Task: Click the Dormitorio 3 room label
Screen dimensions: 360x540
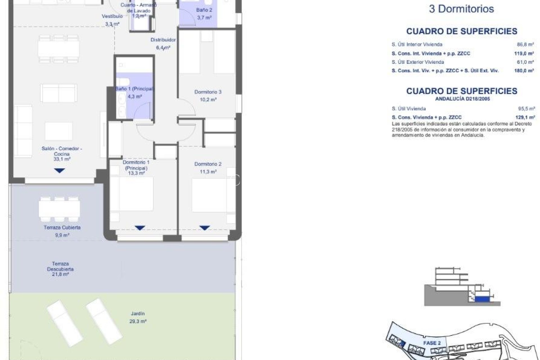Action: tap(208, 92)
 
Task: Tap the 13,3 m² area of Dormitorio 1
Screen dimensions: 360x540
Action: tap(136, 173)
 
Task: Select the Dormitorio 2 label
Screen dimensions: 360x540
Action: tap(208, 164)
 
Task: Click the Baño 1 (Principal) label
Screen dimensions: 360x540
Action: tap(135, 89)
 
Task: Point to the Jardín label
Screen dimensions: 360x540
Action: tap(138, 313)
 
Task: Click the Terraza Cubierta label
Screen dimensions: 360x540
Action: tap(62, 228)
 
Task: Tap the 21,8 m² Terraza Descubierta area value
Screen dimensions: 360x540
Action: tap(60, 274)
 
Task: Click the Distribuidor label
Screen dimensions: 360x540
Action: tap(163, 40)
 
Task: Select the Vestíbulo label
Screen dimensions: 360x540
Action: tap(112, 16)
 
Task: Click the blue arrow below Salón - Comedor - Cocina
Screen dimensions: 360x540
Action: tap(59, 170)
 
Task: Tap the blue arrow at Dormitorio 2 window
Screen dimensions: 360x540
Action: tap(204, 228)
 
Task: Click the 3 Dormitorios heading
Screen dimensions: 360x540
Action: tap(461, 9)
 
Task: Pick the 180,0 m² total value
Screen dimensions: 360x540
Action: tap(524, 71)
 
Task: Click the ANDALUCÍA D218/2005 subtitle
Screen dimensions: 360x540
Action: tap(462, 99)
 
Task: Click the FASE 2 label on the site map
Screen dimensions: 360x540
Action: tap(432, 343)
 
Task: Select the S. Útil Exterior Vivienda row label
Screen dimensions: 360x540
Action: tap(418, 62)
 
